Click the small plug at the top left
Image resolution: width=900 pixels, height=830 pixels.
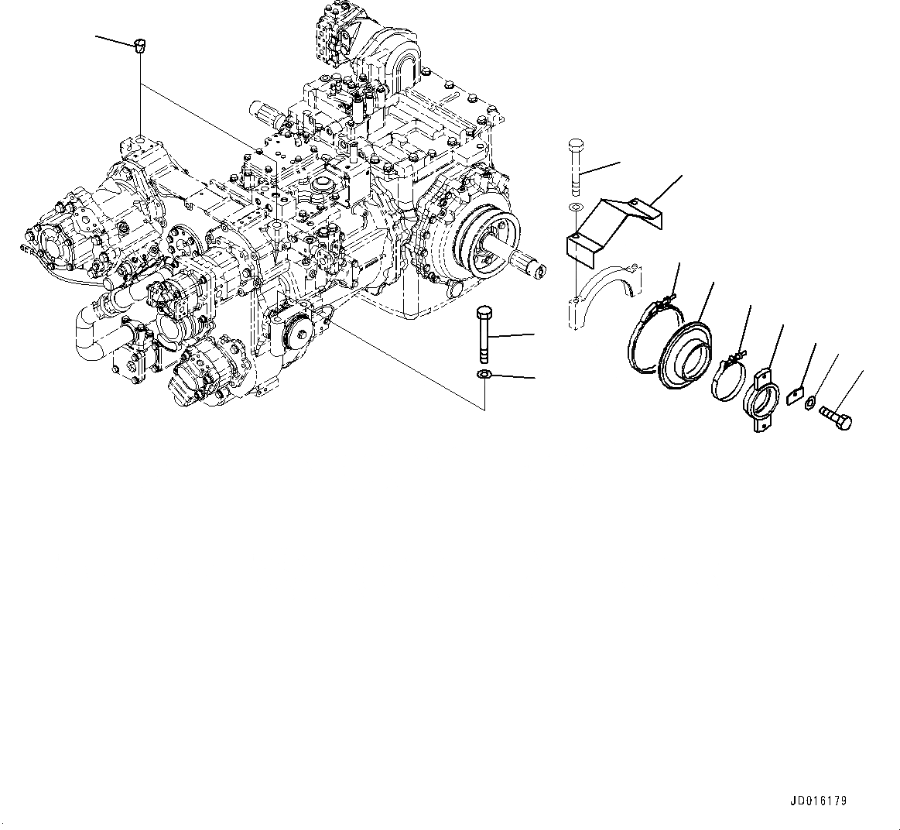pos(139,46)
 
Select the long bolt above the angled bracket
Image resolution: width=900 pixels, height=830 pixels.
pos(575,166)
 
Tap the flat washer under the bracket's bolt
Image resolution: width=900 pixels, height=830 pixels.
pos(575,207)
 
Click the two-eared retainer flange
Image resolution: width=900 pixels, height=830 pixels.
pos(760,399)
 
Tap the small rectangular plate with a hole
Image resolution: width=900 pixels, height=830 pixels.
pos(795,396)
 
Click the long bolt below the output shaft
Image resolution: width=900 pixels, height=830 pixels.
pos(484,333)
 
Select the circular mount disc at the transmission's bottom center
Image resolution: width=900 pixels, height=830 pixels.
pos(297,334)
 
